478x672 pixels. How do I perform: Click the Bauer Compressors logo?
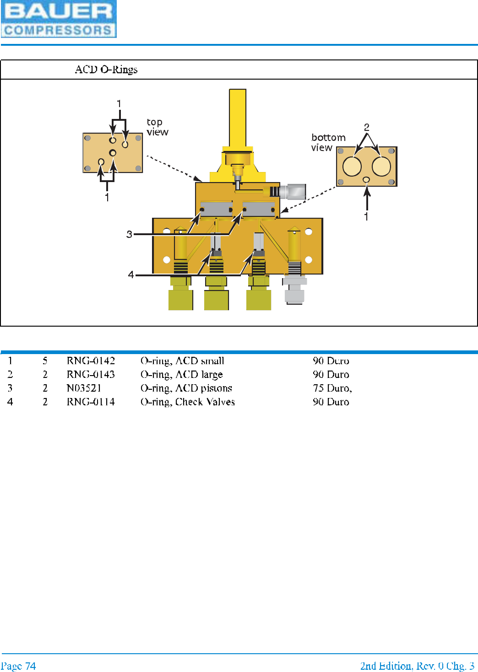(59, 19)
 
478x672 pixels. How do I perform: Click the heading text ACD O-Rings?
(106, 70)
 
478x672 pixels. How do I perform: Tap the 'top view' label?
(157, 127)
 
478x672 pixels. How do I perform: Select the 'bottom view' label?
(328, 142)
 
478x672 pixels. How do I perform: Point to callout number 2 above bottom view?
(366, 127)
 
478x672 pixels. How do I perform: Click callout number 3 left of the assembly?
(129, 234)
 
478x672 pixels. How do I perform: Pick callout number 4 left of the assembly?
(131, 274)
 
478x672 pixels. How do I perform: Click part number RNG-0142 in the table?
(91, 361)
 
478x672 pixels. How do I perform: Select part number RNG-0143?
(91, 375)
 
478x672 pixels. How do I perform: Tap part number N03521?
(84, 388)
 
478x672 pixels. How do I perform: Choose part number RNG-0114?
(91, 402)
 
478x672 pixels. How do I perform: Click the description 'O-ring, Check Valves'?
(187, 402)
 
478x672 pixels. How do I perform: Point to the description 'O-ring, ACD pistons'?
(186, 388)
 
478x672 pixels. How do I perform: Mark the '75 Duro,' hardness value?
(332, 388)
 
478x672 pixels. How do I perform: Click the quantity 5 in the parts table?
(45, 361)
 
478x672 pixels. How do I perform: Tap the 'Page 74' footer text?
(18, 666)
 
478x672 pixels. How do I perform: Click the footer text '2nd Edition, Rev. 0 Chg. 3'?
(417, 666)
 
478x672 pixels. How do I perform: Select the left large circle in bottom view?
(352, 167)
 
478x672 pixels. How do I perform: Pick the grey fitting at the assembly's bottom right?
(294, 290)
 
